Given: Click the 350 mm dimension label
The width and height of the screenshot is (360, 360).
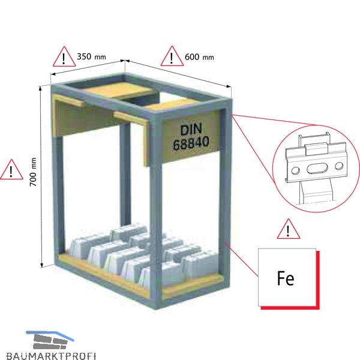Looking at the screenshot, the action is (x=91, y=56).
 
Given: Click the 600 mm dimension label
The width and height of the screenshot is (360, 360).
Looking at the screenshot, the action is (x=199, y=57).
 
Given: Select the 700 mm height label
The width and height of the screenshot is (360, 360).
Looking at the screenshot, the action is (x=33, y=172).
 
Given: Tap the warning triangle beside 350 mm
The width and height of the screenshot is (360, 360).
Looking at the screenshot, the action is (x=64, y=57).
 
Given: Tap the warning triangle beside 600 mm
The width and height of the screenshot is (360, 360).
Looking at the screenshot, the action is (x=172, y=56).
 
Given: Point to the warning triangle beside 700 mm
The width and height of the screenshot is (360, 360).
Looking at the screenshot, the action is (x=11, y=170).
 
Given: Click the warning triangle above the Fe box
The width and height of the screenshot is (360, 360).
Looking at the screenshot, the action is (x=289, y=229).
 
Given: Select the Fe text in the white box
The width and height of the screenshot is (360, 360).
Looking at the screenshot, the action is (x=286, y=278).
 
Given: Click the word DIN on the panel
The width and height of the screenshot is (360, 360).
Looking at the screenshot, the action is (x=191, y=130).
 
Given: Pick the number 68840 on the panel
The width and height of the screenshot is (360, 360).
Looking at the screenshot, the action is (x=191, y=143).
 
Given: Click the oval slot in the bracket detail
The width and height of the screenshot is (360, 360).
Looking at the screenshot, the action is (x=317, y=168).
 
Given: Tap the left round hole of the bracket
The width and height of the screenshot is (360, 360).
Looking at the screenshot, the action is (x=295, y=170).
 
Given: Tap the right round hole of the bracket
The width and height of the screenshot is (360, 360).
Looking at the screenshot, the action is (x=339, y=166).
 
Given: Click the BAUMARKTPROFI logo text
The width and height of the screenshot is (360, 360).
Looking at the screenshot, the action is (x=51, y=356).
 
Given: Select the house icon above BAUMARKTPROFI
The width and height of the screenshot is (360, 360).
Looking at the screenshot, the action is (x=50, y=340).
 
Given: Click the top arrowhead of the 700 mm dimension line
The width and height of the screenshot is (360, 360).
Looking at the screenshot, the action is (x=41, y=88).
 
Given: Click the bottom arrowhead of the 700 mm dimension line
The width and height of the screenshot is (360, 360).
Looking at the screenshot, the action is (x=42, y=265).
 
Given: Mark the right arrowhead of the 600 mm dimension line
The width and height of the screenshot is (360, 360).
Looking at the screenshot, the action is (x=229, y=86).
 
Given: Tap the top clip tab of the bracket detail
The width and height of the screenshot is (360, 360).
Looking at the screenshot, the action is (x=316, y=148).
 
